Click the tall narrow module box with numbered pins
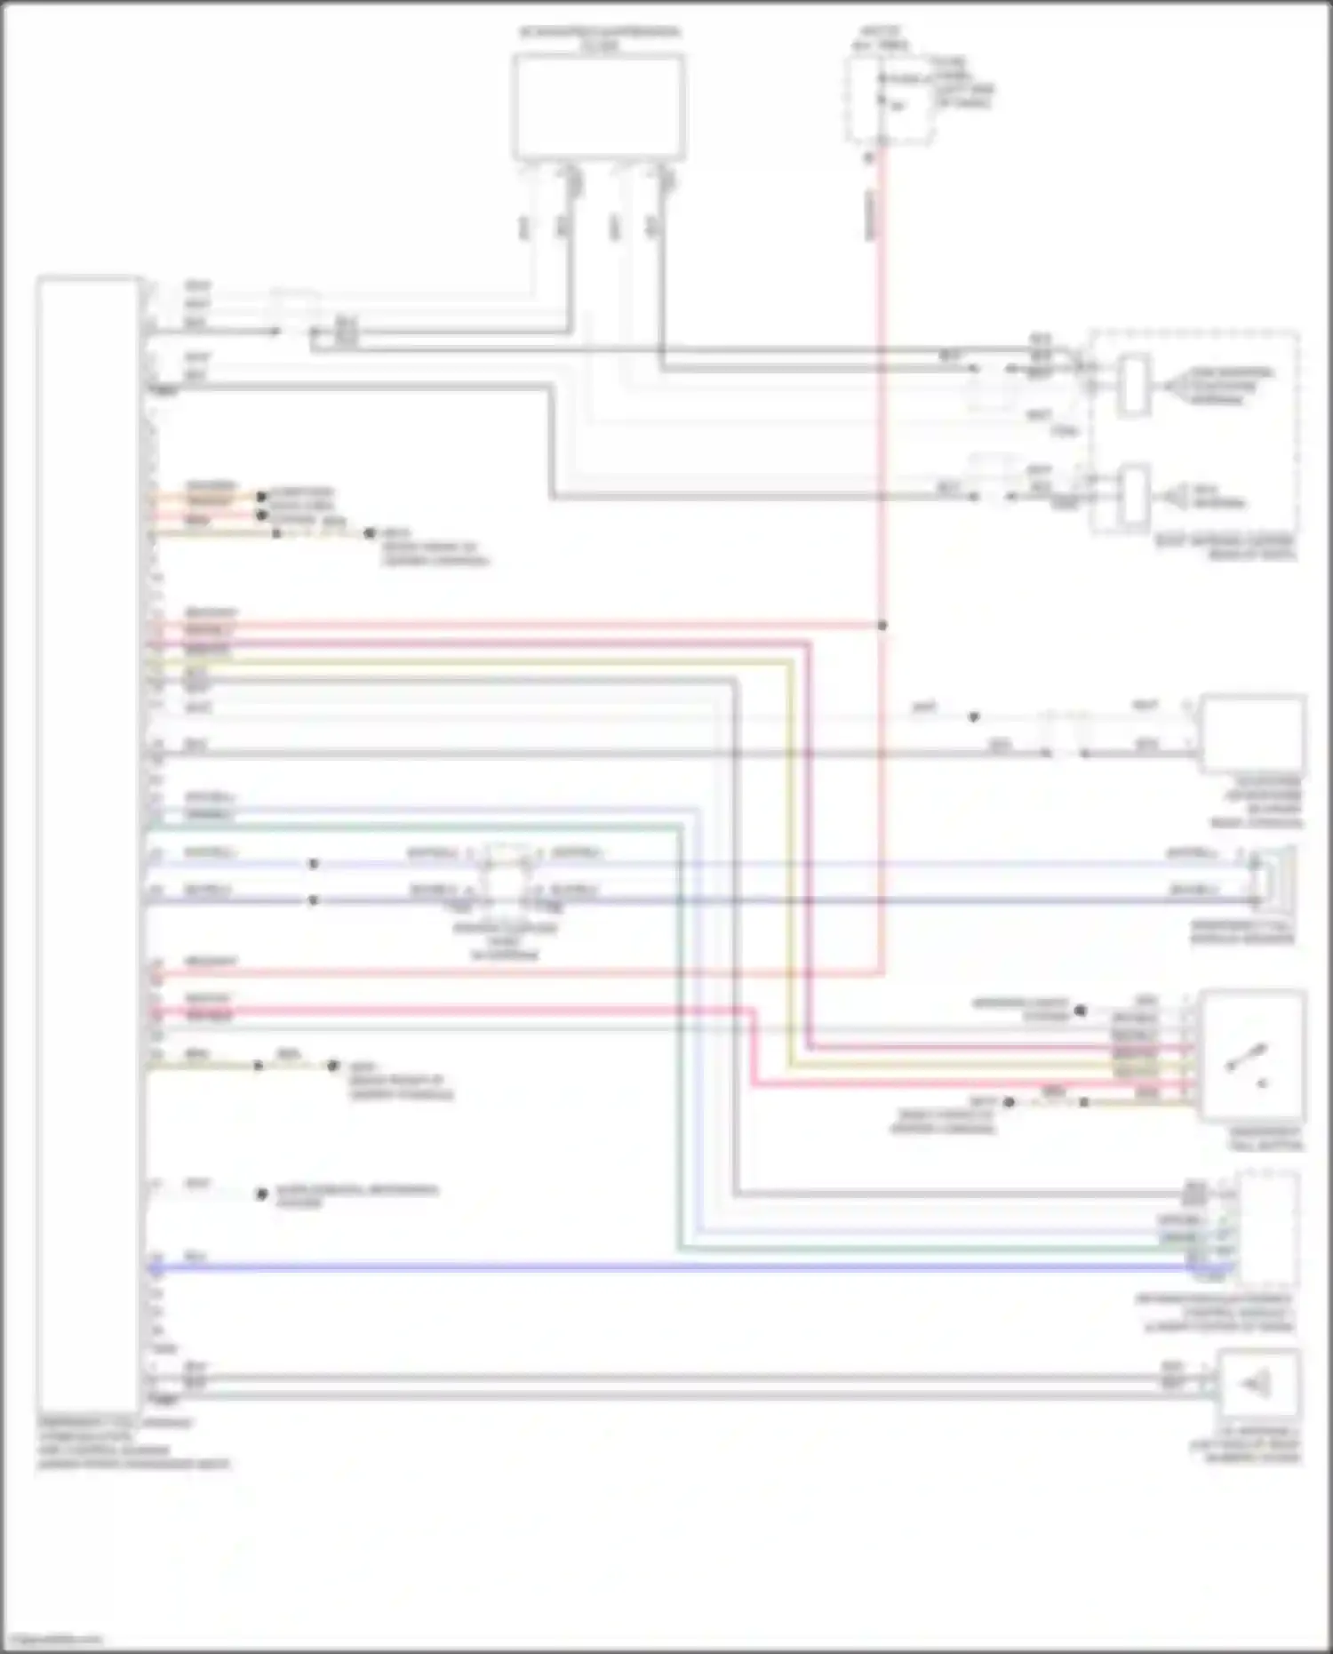coord(87,844)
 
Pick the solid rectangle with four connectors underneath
coord(598,107)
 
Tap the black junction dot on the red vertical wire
coord(882,626)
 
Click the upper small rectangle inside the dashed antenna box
coord(1133,383)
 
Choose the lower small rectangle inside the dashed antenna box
coord(1133,494)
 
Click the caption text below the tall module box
coord(133,1444)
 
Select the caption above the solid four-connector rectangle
coord(600,37)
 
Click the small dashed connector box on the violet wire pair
coord(506,875)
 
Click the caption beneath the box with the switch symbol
coord(1266,1139)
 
